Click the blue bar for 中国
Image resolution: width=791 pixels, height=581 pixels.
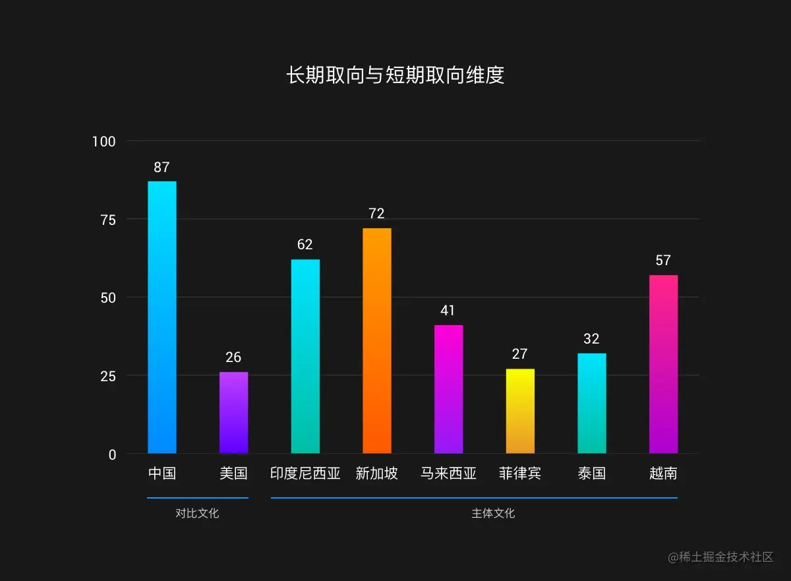tap(161, 317)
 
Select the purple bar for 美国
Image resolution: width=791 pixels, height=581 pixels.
tap(233, 413)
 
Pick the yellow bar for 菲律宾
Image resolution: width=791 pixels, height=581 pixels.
tap(519, 411)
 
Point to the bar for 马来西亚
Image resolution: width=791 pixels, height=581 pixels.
tap(448, 389)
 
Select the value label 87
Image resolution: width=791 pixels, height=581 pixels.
tap(161, 168)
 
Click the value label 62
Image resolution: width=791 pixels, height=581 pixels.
tap(305, 245)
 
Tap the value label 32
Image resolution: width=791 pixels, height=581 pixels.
tap(591, 339)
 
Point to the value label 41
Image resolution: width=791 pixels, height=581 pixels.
tap(448, 311)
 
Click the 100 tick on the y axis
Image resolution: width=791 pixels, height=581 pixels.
tap(103, 141)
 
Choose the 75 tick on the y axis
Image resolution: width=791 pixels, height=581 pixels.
tap(107, 220)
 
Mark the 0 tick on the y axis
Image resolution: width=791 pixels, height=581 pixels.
tap(111, 454)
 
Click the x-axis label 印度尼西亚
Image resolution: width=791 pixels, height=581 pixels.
tap(305, 474)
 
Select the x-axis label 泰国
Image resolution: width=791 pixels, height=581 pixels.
tap(591, 474)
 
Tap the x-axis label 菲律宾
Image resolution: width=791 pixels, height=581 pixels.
tap(519, 474)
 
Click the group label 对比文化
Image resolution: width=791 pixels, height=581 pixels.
tap(197, 513)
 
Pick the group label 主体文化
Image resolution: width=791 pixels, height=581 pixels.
tap(493, 513)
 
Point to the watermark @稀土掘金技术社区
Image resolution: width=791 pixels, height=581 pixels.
tap(720, 557)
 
